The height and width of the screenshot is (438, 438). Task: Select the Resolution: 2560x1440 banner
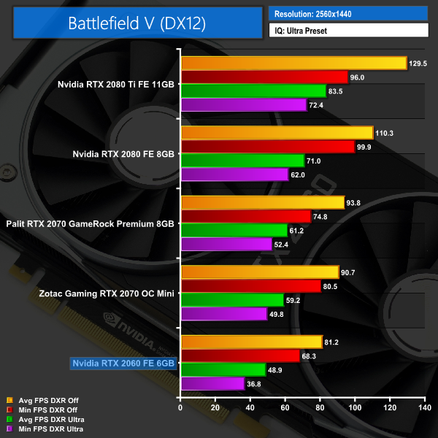(347, 14)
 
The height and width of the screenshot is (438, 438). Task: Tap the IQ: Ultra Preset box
(347, 31)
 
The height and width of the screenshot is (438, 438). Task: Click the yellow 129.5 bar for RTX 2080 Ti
(293, 63)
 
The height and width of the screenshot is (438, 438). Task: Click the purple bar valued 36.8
(212, 384)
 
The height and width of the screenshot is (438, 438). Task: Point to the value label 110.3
(385, 133)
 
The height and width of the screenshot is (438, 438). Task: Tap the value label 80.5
(333, 286)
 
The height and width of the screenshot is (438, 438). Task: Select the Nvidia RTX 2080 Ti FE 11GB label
(116, 84)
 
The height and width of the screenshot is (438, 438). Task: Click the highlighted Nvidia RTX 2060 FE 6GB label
(123, 363)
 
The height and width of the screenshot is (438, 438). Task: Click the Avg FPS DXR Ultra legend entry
(47, 420)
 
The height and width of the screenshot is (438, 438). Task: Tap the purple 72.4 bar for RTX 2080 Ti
(243, 105)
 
